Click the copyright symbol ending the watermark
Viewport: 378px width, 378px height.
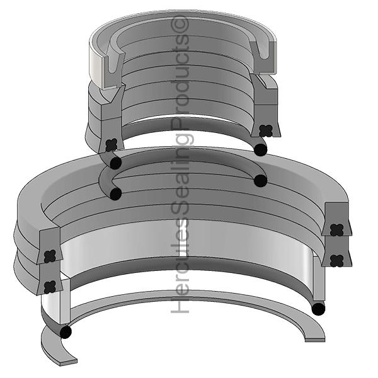(x=181, y=25)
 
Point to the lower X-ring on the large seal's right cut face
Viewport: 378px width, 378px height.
(x=336, y=259)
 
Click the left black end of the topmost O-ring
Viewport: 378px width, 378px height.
(x=115, y=163)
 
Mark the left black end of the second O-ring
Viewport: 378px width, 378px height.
(x=115, y=193)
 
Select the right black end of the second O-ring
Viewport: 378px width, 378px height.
(x=260, y=181)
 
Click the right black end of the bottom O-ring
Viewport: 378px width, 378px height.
(x=319, y=309)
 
